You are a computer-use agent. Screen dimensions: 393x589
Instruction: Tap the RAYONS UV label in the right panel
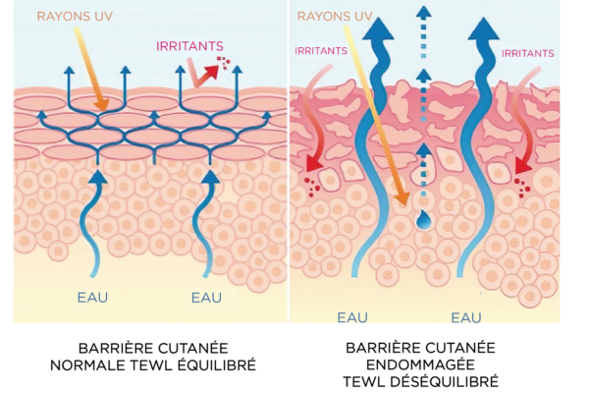(334, 16)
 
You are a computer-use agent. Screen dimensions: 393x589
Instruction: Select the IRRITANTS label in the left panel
(188, 45)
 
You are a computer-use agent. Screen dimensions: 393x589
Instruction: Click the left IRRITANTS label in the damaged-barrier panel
(322, 49)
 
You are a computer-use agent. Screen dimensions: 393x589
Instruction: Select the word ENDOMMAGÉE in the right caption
(422, 365)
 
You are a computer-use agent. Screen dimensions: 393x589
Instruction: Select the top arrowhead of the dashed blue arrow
(422, 12)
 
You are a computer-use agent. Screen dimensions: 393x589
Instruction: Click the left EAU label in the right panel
(352, 316)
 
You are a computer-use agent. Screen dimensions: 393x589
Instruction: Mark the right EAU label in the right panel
(467, 316)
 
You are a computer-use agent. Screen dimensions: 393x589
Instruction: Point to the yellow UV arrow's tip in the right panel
(402, 200)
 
